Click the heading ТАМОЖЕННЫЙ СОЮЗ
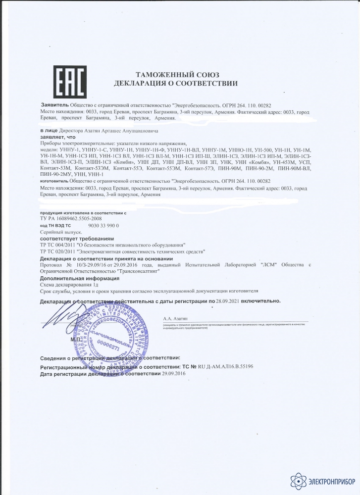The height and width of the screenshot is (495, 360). pos(176,73)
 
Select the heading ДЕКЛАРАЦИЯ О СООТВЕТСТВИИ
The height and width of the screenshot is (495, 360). pos(175,83)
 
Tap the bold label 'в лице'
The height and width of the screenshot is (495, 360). pos(48,131)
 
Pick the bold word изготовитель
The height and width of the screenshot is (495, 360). pos(53,182)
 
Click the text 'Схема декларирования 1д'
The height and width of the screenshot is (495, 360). pos(68,286)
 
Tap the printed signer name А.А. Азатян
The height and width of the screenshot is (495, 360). pos(172,319)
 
